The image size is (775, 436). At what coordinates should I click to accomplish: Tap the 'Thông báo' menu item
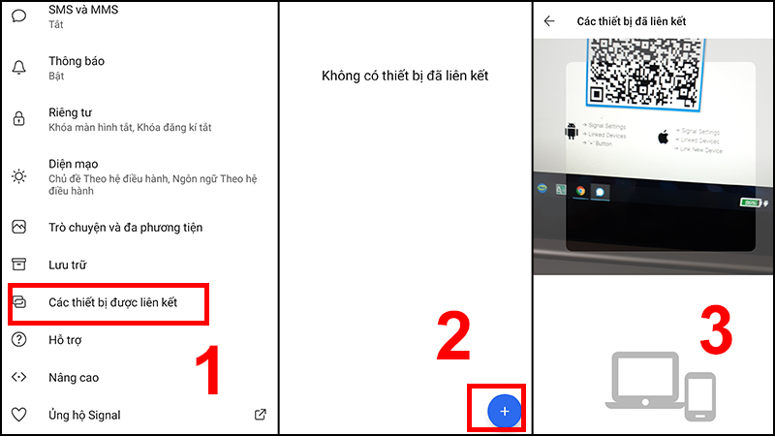pyautogui.click(x=77, y=61)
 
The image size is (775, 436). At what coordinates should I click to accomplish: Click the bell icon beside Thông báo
pyautogui.click(x=18, y=68)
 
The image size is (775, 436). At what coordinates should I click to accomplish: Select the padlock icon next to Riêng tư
pyautogui.click(x=18, y=119)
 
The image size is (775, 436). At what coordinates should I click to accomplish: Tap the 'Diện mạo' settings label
pyautogui.click(x=75, y=164)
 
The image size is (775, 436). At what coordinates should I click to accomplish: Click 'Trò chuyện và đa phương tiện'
pyautogui.click(x=125, y=228)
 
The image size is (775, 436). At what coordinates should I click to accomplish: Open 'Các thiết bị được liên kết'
pyautogui.click(x=126, y=303)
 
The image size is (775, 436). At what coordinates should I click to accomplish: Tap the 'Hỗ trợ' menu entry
pyautogui.click(x=66, y=340)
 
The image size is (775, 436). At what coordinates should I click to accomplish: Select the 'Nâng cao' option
pyautogui.click(x=74, y=378)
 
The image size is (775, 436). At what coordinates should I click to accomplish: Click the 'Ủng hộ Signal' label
pyautogui.click(x=84, y=415)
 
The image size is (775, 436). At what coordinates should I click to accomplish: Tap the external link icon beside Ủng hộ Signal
pyautogui.click(x=260, y=415)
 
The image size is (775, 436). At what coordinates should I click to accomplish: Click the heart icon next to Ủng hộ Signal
pyautogui.click(x=18, y=415)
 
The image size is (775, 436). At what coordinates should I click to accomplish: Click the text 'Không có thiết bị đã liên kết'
pyautogui.click(x=406, y=77)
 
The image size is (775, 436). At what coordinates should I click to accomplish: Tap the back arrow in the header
pyautogui.click(x=549, y=20)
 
